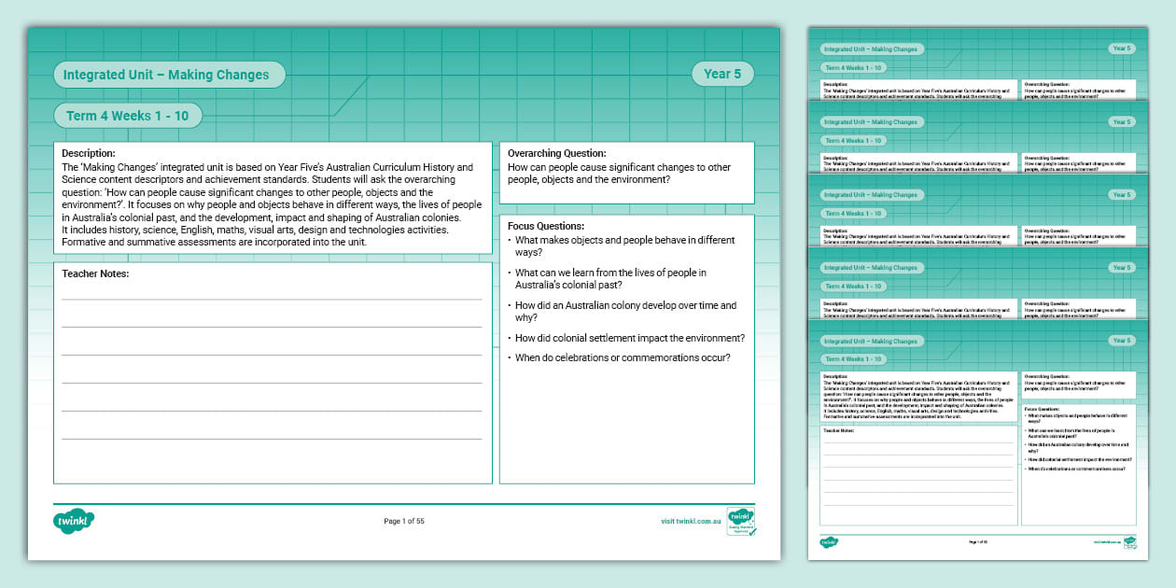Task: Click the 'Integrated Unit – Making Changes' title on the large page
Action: click(165, 75)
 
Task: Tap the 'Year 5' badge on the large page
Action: click(722, 75)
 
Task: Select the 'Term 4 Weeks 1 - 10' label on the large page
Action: click(127, 116)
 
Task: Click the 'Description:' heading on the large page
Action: click(89, 153)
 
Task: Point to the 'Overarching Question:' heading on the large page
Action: click(556, 153)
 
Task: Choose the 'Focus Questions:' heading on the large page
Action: click(546, 226)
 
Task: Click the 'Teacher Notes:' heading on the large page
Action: click(95, 273)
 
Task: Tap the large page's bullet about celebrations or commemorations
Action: click(623, 357)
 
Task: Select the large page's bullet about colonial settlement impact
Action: click(629, 338)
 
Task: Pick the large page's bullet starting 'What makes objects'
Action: click(624, 246)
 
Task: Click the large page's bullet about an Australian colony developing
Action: click(624, 312)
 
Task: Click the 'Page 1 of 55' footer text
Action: click(404, 522)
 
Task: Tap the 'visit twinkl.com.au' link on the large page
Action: click(691, 522)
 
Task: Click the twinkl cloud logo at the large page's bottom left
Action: click(75, 521)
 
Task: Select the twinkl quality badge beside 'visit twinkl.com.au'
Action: click(741, 522)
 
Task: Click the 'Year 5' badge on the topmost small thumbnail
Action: click(1121, 49)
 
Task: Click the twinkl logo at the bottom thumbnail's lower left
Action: click(829, 541)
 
